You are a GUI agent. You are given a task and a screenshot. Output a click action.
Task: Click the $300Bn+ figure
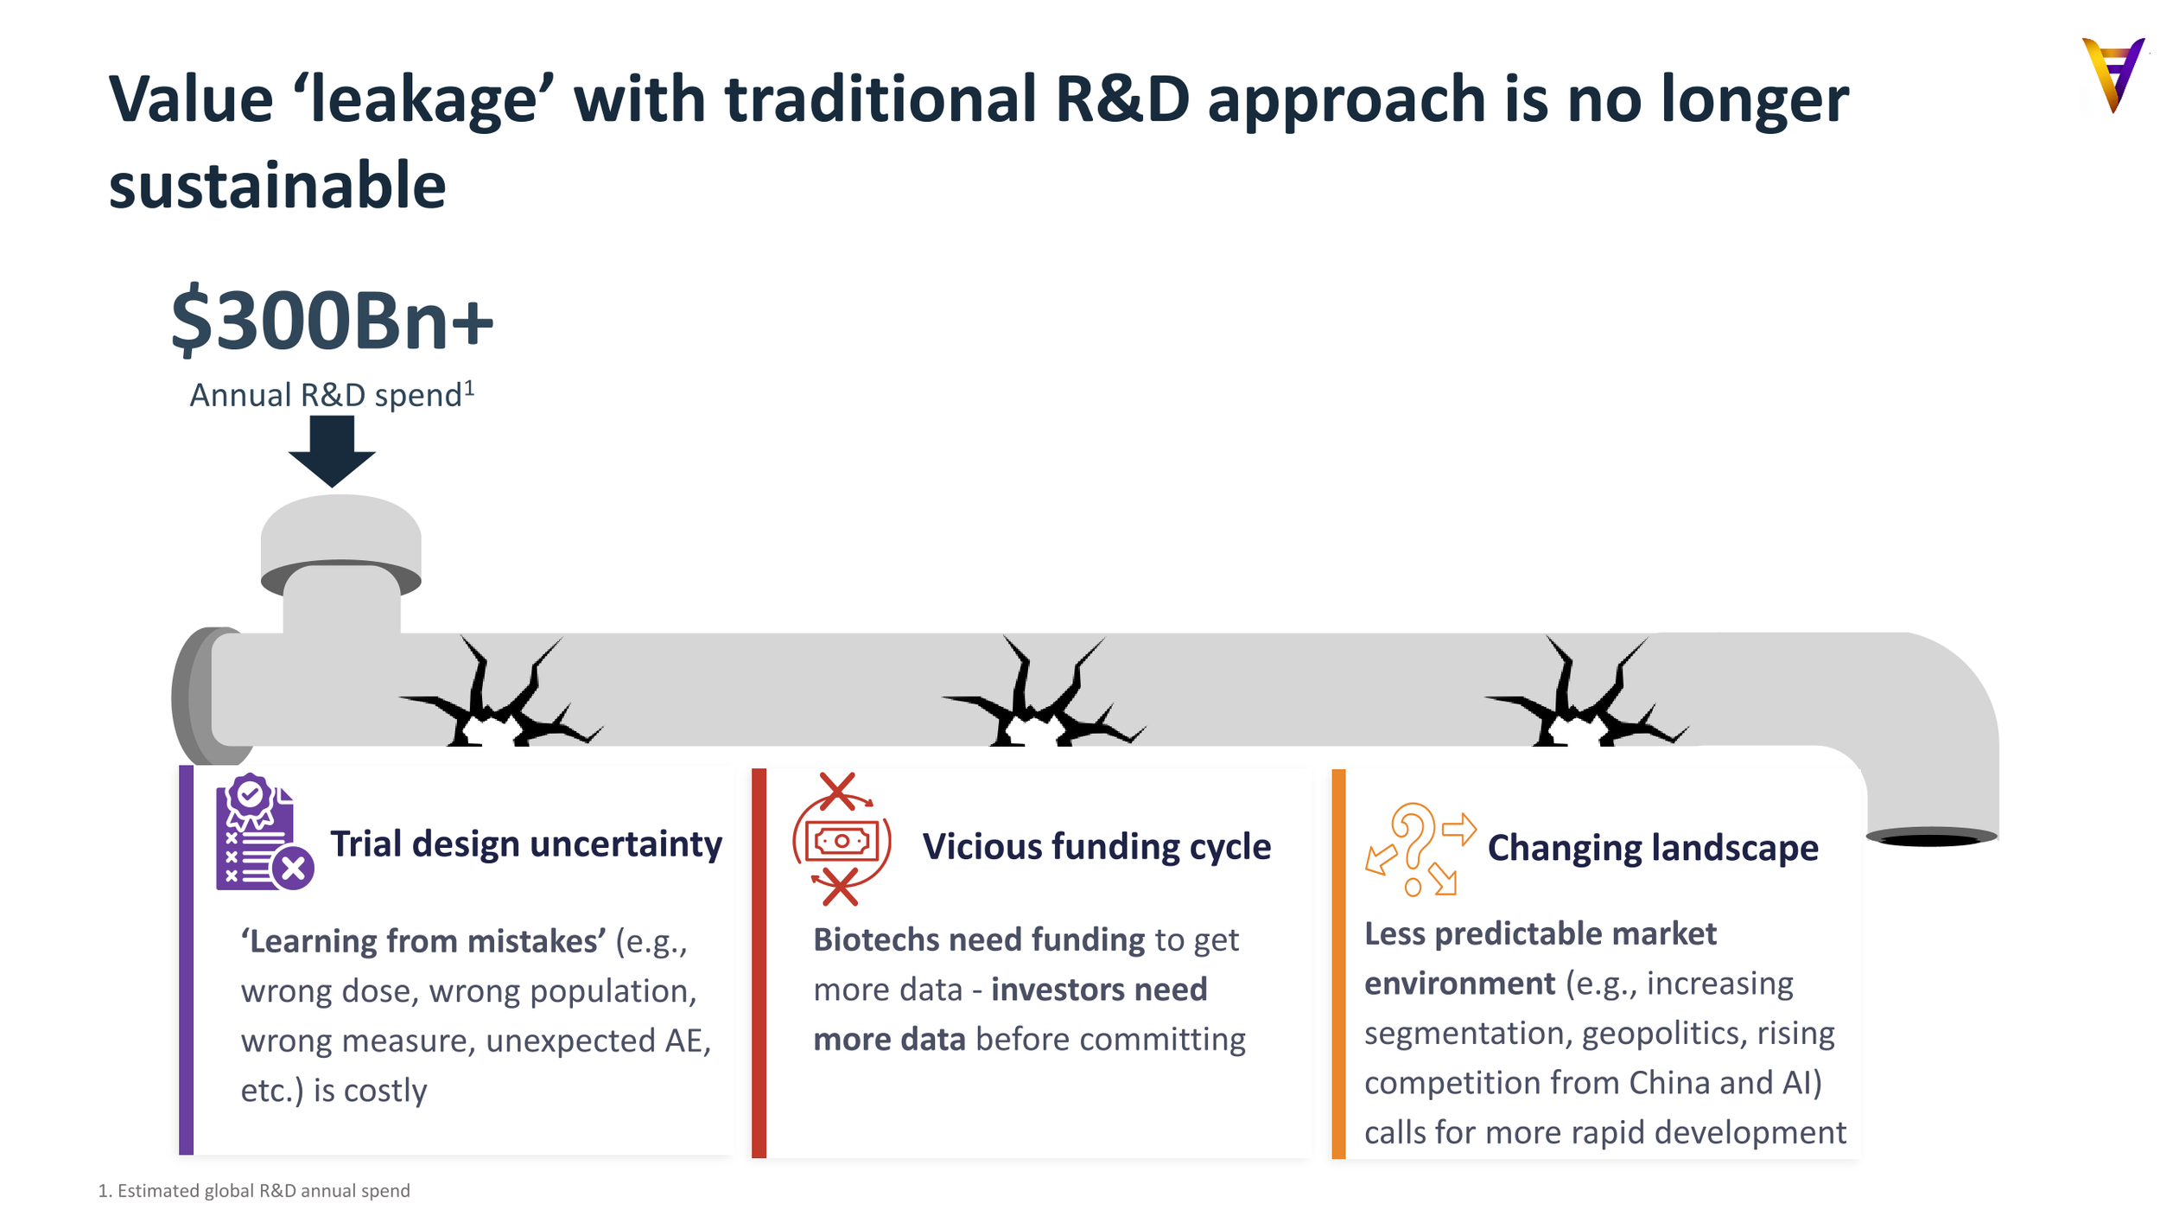(332, 322)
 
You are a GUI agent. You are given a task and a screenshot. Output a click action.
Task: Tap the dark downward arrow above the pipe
(332, 451)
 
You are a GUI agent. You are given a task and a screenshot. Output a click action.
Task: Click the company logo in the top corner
(2112, 75)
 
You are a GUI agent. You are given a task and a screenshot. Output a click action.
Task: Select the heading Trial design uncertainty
(526, 844)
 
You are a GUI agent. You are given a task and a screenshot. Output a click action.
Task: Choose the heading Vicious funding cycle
(1096, 847)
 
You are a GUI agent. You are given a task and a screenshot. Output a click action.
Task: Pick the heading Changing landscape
(1653, 848)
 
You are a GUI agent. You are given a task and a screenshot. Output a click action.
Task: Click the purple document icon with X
(264, 832)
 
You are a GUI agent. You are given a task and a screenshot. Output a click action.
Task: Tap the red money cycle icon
(841, 839)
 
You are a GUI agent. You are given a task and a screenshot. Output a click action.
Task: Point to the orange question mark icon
(1420, 850)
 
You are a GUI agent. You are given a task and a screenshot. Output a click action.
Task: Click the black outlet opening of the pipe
(1931, 837)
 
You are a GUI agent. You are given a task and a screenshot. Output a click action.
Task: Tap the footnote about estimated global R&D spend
(254, 1191)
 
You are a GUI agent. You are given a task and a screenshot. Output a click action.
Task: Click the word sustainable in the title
(277, 186)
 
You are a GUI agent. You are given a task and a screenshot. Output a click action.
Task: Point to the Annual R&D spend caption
(332, 395)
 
